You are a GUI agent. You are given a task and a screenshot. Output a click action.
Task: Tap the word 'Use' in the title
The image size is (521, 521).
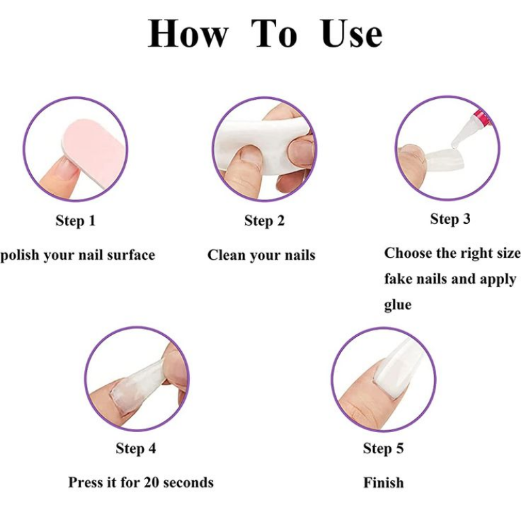351,33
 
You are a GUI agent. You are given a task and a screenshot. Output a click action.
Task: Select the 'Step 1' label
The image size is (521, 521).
75,220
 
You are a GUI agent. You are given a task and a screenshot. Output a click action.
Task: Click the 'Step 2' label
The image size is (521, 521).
265,220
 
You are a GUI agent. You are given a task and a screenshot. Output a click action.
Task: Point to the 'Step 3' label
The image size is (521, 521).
450,218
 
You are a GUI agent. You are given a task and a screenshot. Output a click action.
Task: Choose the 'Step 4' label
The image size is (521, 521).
136,448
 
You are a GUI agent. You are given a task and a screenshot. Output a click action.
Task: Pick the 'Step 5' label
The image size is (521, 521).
383,448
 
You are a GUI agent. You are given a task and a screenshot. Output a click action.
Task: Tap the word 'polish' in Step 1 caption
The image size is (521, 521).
20,256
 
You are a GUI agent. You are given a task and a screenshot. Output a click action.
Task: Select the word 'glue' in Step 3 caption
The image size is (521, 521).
398,305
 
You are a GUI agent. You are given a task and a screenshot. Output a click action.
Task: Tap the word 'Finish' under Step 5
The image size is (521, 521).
383,482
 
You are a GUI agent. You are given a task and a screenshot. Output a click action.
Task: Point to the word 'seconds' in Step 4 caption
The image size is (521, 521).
189,482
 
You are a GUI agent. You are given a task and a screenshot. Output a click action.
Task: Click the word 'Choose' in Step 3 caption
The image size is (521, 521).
407,253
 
